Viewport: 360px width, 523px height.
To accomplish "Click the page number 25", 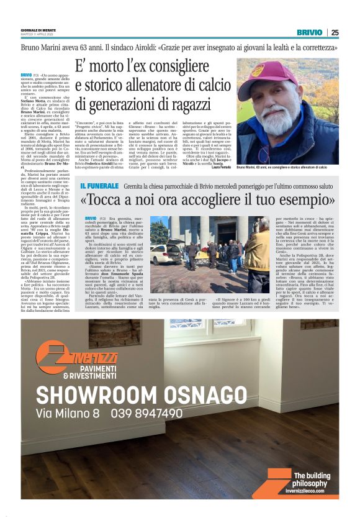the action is pyautogui.click(x=335, y=32).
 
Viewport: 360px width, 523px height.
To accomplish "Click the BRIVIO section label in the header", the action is pyautogui.click(x=309, y=32).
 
